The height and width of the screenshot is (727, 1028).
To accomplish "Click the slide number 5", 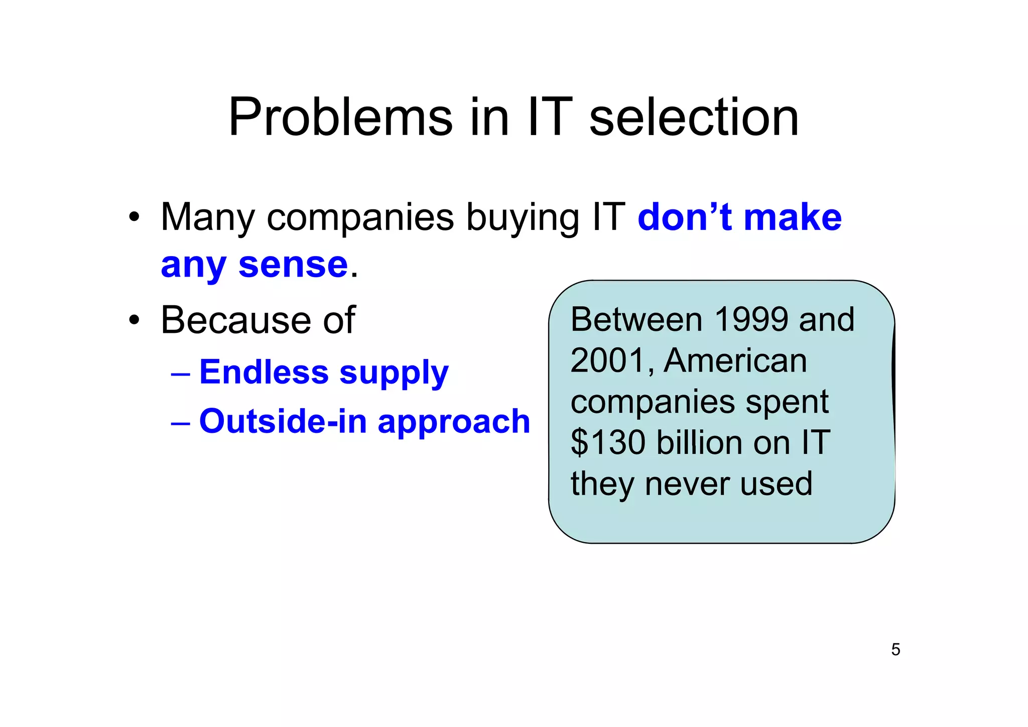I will (x=895, y=650).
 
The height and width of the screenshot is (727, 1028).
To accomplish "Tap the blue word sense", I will (x=293, y=265).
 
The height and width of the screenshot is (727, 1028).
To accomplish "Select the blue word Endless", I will (x=264, y=372).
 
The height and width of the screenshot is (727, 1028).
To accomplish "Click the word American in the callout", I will (x=735, y=360).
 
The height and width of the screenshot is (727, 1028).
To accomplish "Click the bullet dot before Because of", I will (x=134, y=320).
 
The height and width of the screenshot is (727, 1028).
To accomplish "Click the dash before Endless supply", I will (x=180, y=375).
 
